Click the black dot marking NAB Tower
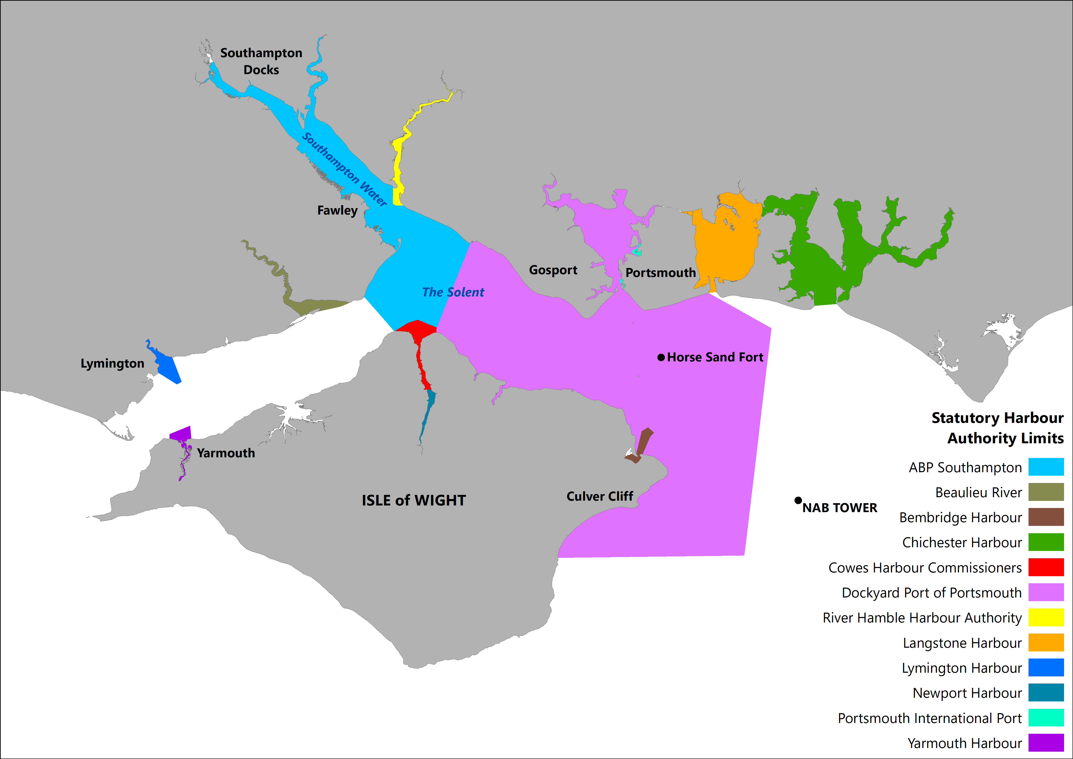pyautogui.click(x=798, y=500)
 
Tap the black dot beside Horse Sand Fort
pyautogui.click(x=661, y=357)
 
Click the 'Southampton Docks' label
pyautogui.click(x=261, y=61)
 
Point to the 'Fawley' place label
pyautogui.click(x=337, y=210)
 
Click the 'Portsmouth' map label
pyautogui.click(x=660, y=273)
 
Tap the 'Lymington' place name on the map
pyautogui.click(x=112, y=363)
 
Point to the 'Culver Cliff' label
pyautogui.click(x=600, y=496)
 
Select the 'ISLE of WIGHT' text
pyautogui.click(x=414, y=500)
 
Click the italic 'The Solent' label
pyautogui.click(x=453, y=292)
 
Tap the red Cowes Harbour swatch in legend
pyautogui.click(x=1046, y=567)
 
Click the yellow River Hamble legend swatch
pyautogui.click(x=1046, y=617)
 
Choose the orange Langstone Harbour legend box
pyautogui.click(x=1046, y=642)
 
